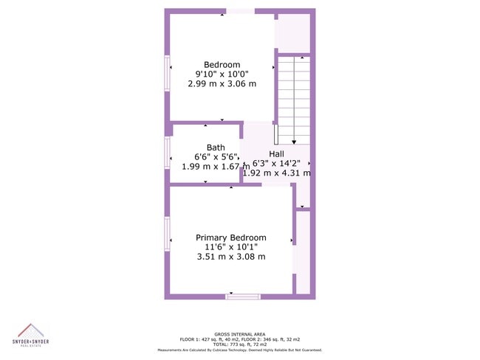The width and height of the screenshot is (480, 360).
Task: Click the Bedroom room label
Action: point(222,65)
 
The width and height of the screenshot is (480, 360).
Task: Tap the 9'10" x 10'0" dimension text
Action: point(222,74)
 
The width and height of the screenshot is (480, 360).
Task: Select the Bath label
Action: point(216,148)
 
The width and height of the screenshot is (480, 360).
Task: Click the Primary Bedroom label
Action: point(231,238)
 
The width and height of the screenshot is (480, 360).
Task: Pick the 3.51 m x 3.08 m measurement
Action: point(231,257)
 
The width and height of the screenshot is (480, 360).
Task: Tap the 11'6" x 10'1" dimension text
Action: point(231,247)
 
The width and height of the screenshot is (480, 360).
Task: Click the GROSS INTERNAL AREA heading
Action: point(240,333)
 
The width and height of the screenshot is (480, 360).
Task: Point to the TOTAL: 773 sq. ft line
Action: point(240,345)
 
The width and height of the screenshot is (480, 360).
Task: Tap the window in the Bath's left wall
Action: point(168,153)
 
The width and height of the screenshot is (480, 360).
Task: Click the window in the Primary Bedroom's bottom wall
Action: point(242,297)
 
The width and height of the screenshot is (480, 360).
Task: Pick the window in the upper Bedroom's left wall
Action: point(168,74)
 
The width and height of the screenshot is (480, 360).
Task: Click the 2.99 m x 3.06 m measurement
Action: point(222,83)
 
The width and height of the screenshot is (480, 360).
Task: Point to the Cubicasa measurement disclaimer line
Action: point(240,350)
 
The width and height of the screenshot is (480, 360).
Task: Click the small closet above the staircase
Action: point(292,33)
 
